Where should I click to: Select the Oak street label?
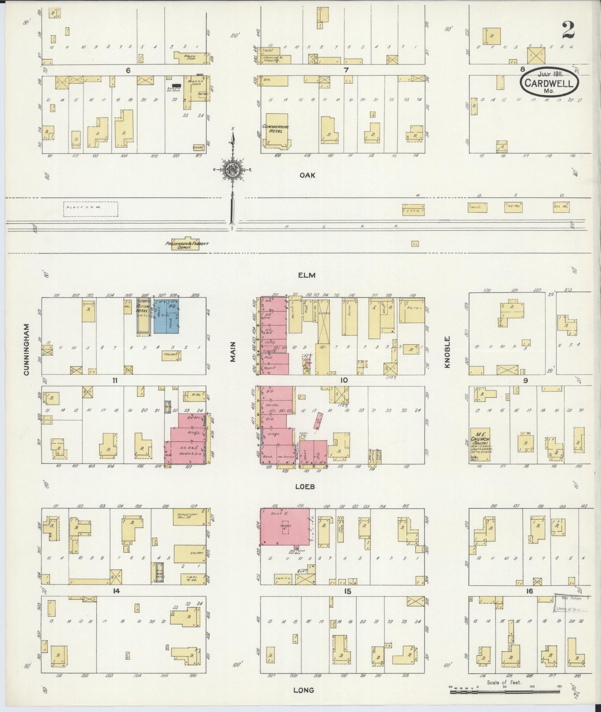tap(307, 175)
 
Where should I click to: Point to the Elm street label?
tap(307, 275)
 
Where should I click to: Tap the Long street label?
tap(304, 690)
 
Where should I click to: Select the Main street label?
tap(233, 352)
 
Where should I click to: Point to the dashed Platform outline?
tap(91, 209)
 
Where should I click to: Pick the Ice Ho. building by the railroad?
tap(514, 207)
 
